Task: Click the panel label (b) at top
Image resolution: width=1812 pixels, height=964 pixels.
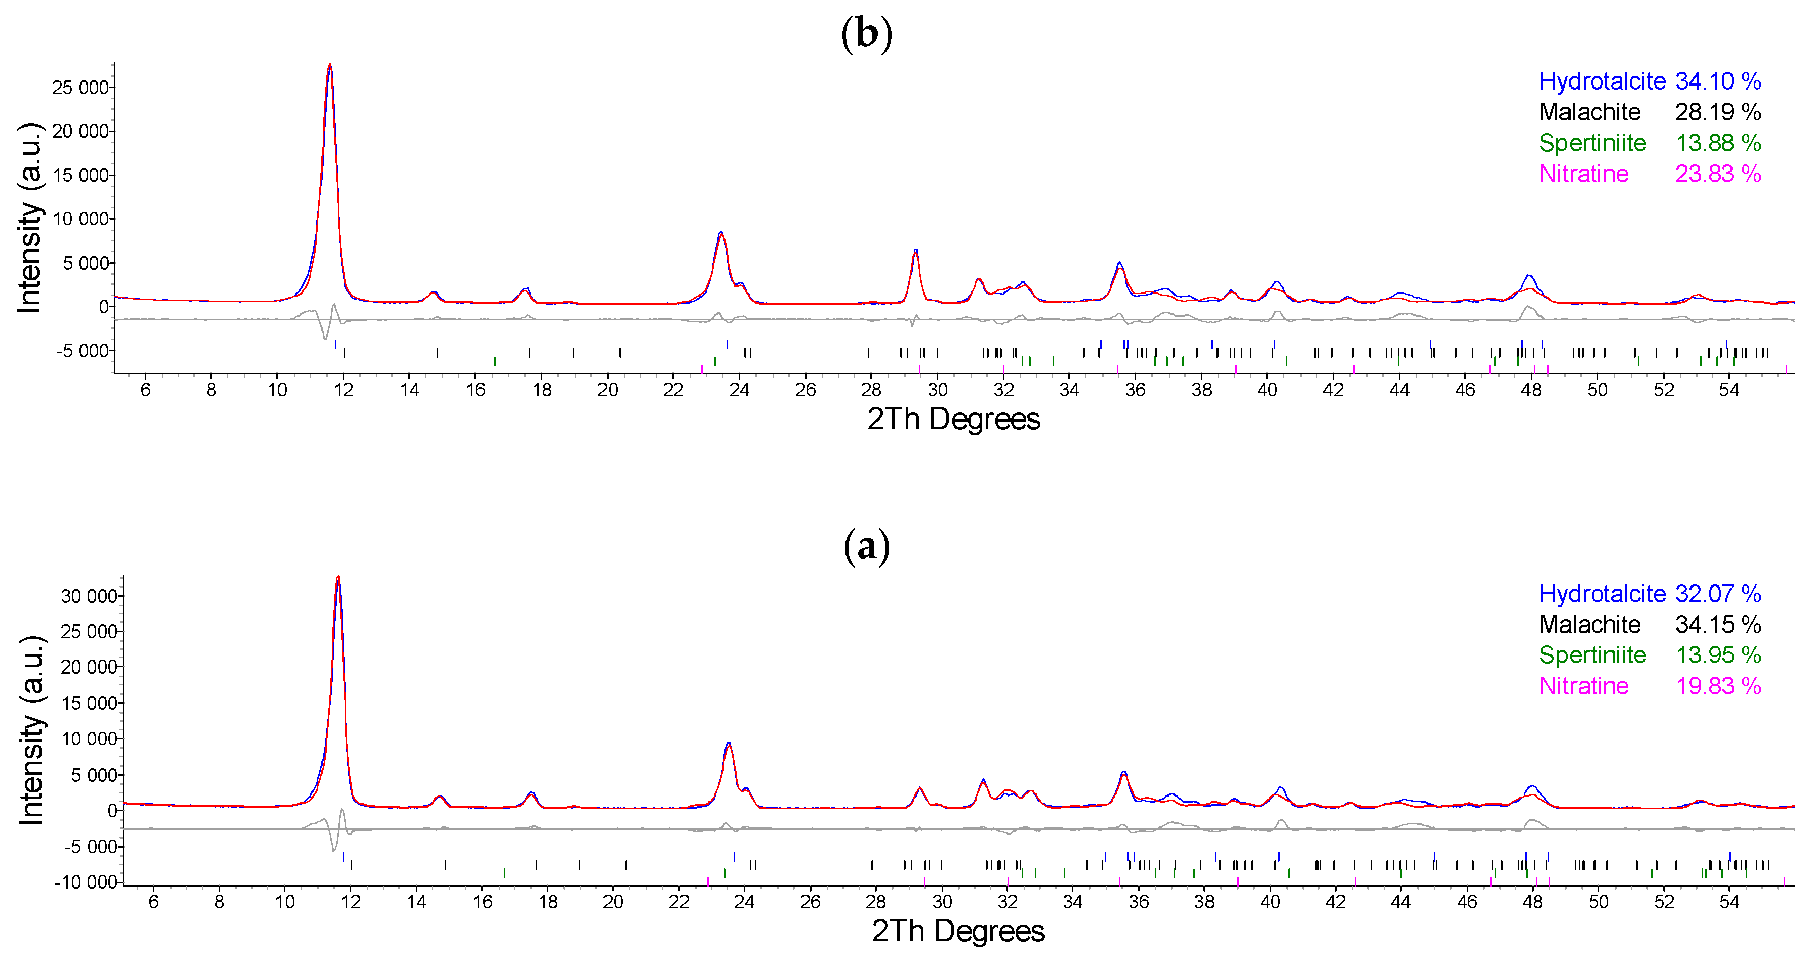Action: coord(867,33)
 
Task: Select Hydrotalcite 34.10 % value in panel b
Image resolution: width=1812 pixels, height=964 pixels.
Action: coord(1718,81)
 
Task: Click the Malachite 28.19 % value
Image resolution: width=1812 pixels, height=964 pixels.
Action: coord(1718,112)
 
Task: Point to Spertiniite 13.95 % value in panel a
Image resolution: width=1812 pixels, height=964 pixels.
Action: coord(1718,655)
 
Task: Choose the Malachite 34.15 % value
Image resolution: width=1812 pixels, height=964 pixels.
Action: coord(1718,624)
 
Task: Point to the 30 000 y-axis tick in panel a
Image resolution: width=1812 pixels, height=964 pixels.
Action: coord(89,596)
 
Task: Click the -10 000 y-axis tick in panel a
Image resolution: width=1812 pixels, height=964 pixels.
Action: coord(85,882)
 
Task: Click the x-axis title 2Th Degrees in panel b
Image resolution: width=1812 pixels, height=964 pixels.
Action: coord(953,419)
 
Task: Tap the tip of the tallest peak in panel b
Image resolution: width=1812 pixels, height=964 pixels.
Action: coord(329,65)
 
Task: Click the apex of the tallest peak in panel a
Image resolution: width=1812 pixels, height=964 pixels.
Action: coord(338,577)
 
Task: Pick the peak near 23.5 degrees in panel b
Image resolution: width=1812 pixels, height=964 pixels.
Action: coord(721,233)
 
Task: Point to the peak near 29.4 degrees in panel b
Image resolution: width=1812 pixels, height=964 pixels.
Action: coord(915,251)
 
